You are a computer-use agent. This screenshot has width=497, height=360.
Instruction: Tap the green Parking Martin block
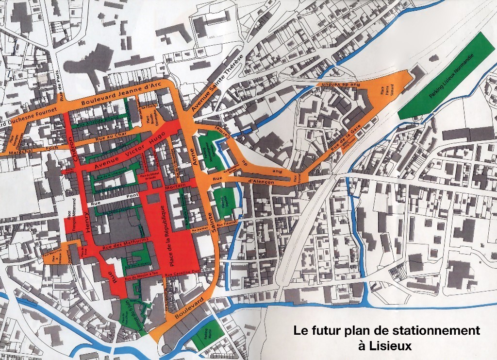point(208,335)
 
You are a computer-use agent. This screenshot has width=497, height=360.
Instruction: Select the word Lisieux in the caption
point(387,346)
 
